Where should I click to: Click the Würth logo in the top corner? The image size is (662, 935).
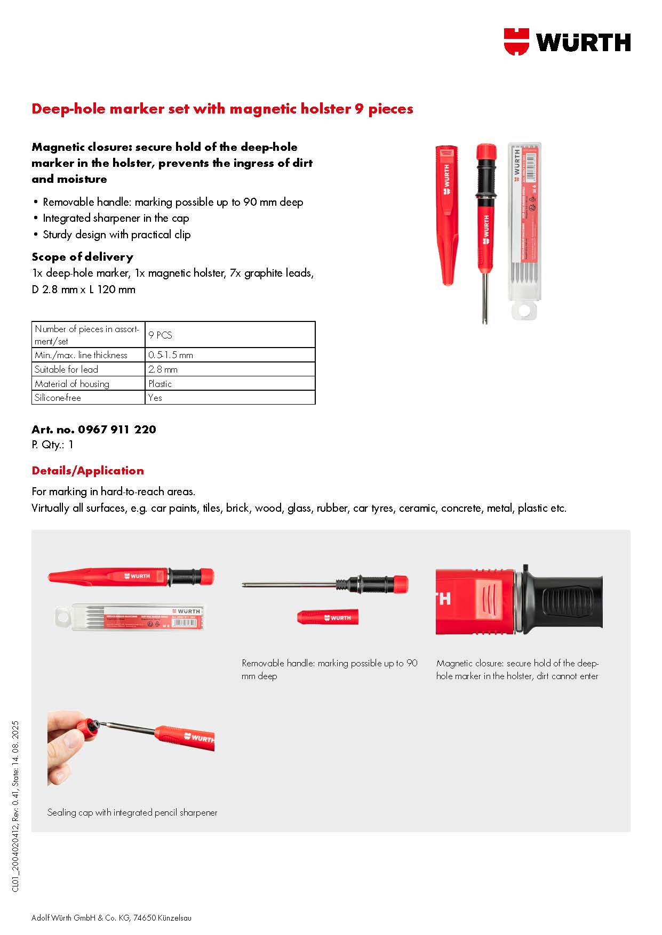coord(567,41)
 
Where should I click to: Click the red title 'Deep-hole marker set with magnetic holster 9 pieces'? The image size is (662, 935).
coord(222,109)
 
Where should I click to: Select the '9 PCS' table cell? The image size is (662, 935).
coord(161,335)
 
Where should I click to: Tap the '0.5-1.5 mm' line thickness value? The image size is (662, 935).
coord(171,355)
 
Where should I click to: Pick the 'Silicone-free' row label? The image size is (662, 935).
coord(58,398)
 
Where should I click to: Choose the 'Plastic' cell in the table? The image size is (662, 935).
coord(160,384)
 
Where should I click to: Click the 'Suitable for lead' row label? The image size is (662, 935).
coord(66,369)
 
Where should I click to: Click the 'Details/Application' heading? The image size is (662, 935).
coord(87,471)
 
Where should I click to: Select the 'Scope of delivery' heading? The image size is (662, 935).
coord(82,257)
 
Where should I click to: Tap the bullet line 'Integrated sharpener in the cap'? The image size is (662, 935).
coord(116,218)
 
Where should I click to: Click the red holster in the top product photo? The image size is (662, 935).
coord(446,213)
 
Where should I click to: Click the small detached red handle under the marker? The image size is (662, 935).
coord(328,617)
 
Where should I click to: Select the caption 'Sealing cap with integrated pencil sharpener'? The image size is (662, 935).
coord(132,812)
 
